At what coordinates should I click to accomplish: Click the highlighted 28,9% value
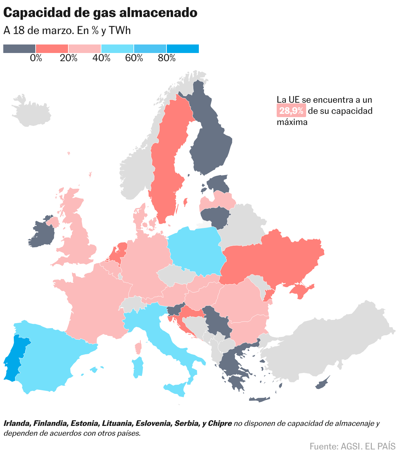(x=291, y=111)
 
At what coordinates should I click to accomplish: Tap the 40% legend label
(x=101, y=58)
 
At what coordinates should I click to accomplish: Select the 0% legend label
(x=36, y=58)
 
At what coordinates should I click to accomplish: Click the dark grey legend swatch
(x=19, y=49)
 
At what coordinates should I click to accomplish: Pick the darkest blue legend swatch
(x=182, y=49)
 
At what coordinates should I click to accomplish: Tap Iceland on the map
(x=31, y=111)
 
